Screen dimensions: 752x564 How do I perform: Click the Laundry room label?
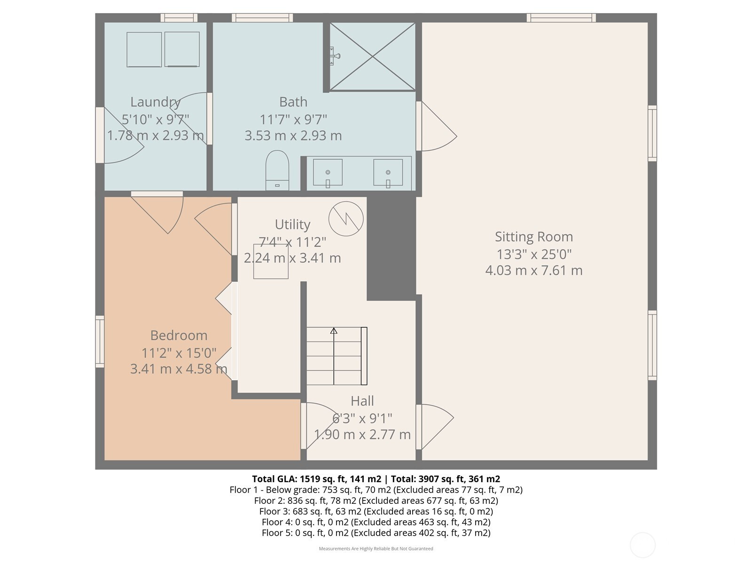pyautogui.click(x=155, y=102)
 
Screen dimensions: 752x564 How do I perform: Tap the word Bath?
pyautogui.click(x=293, y=102)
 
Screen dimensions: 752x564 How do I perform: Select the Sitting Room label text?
pyautogui.click(x=534, y=236)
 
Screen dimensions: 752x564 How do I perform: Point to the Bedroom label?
pyautogui.click(x=179, y=335)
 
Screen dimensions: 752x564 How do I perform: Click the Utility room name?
pyautogui.click(x=293, y=225)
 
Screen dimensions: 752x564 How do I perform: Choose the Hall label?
pyautogui.click(x=362, y=400)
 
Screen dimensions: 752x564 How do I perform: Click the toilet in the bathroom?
pyautogui.click(x=277, y=170)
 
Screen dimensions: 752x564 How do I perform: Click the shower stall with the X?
pyautogui.click(x=372, y=57)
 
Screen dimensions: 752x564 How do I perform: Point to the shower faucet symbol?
pyautogui.click(x=334, y=56)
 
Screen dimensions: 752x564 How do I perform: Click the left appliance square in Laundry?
pyautogui.click(x=144, y=49)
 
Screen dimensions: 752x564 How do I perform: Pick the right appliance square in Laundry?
pyautogui.click(x=182, y=49)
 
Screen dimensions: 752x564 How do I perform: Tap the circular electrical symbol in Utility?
pyautogui.click(x=346, y=219)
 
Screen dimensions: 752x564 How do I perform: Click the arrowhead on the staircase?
pyautogui.click(x=334, y=331)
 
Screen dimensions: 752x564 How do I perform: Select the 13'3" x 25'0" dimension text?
pyautogui.click(x=534, y=254)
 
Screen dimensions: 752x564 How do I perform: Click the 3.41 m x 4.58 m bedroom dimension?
pyautogui.click(x=179, y=369)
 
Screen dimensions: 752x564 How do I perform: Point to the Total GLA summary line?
pyautogui.click(x=376, y=479)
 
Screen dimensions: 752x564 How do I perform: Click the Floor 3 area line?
pyautogui.click(x=376, y=511)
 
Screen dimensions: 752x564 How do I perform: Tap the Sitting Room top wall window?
pyautogui.click(x=561, y=18)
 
